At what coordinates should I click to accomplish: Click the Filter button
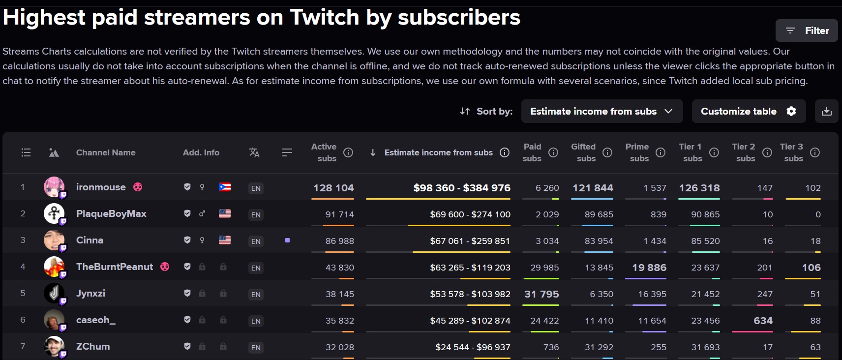[x=806, y=30]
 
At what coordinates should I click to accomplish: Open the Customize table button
[x=749, y=111]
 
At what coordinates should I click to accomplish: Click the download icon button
[x=826, y=111]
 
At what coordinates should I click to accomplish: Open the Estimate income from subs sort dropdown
[x=602, y=111]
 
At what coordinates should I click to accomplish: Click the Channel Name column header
[x=106, y=152]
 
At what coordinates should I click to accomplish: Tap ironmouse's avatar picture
[x=54, y=187]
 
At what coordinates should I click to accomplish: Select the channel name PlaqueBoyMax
[x=111, y=214]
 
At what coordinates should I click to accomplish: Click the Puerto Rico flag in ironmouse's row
[x=225, y=187]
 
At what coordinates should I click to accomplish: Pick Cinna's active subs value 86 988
[x=339, y=241]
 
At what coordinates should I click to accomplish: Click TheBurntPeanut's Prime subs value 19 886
[x=649, y=268]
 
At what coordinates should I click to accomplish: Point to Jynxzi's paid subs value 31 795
[x=541, y=294]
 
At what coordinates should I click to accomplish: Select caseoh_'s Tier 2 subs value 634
[x=763, y=321]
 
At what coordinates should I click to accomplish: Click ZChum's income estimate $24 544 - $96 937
[x=473, y=347]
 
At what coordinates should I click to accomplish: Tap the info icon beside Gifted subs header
[x=607, y=152]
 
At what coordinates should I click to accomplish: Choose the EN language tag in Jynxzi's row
[x=256, y=294]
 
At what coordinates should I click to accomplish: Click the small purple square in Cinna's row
[x=287, y=240]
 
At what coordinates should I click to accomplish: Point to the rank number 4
[x=23, y=267]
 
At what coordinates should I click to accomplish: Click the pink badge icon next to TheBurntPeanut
[x=165, y=267]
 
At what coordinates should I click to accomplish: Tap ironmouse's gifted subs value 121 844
[x=593, y=188]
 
